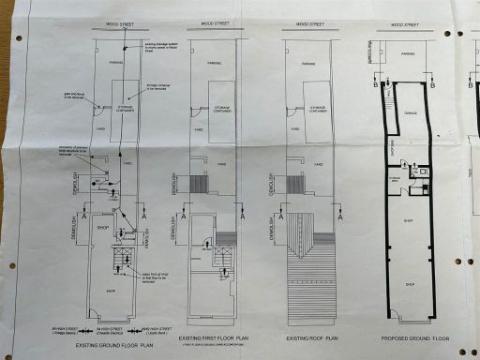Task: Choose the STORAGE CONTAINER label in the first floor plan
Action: [222, 107]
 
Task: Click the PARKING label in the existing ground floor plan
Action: [116, 64]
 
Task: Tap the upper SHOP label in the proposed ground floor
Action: [408, 221]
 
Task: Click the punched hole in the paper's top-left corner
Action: [18, 38]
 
